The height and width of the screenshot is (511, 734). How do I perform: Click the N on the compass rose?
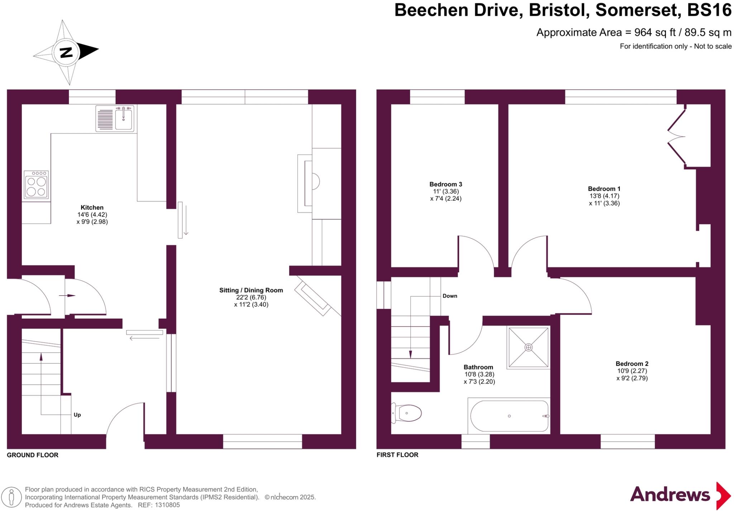click(66, 53)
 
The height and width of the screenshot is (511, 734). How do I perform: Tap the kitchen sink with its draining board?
click(115, 119)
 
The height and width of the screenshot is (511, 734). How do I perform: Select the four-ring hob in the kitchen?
click(36, 185)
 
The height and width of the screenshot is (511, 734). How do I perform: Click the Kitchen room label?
click(92, 207)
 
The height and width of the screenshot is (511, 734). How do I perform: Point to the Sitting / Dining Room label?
click(251, 290)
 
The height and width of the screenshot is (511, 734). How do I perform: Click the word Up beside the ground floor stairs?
click(77, 415)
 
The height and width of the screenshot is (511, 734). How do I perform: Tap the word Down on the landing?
click(450, 296)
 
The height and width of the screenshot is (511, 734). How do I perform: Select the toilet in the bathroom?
click(407, 413)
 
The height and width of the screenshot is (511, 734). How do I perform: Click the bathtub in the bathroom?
click(509, 416)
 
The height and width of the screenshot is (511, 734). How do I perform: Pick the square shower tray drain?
click(529, 347)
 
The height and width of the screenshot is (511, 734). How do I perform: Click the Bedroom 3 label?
click(445, 184)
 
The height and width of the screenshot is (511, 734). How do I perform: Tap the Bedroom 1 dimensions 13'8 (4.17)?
click(604, 196)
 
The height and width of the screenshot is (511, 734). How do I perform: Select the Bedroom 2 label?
click(632, 363)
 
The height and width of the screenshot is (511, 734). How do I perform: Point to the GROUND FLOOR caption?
click(33, 455)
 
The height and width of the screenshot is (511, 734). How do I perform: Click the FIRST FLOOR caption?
click(397, 455)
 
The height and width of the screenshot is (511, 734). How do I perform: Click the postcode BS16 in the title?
click(709, 10)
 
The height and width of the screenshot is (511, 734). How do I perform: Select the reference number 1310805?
click(167, 505)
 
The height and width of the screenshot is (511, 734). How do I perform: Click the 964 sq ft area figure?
click(654, 33)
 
